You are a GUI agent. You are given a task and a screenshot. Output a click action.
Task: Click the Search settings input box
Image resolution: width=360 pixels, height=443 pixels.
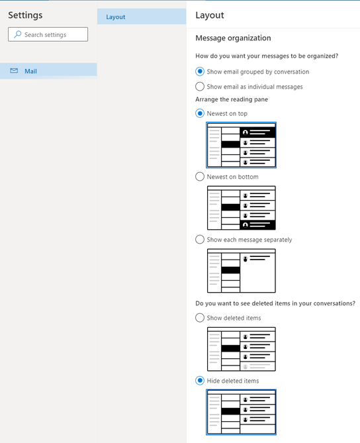click(48, 34)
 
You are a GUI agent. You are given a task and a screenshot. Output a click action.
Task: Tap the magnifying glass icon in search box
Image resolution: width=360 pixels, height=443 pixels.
click(17, 34)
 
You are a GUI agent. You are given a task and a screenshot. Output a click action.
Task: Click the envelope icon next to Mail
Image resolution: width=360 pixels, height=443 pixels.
click(14, 71)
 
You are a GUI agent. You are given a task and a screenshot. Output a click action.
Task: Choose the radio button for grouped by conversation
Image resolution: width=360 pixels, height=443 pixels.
click(200, 72)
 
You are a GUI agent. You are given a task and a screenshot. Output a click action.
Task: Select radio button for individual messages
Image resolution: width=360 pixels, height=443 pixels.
click(200, 87)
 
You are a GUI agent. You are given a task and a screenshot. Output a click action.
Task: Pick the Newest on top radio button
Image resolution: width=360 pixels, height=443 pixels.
click(200, 113)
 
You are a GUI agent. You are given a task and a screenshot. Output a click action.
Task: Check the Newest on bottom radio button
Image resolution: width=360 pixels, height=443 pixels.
click(200, 177)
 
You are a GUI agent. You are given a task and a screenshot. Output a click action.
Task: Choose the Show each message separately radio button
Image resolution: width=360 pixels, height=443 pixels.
click(200, 239)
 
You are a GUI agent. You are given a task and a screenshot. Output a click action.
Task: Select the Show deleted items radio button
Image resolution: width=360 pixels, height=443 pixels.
click(200, 318)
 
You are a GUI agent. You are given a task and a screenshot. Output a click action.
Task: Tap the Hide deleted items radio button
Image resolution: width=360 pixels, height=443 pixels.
click(200, 381)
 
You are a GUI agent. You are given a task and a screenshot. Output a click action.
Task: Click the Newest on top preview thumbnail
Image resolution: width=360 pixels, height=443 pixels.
click(241, 145)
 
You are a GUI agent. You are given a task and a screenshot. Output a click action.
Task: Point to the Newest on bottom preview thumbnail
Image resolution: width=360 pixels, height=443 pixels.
click(242, 208)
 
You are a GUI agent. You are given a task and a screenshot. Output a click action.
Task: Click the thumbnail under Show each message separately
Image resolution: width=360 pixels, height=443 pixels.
click(242, 271)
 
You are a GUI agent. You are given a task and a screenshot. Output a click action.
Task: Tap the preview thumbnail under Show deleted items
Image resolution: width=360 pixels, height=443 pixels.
click(242, 349)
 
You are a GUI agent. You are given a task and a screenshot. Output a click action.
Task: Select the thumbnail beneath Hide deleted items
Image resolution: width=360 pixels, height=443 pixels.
click(241, 412)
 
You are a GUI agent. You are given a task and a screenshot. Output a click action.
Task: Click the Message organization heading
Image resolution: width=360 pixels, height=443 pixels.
click(233, 38)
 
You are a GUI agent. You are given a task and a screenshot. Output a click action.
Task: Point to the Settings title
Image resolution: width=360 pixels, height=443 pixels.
click(25, 15)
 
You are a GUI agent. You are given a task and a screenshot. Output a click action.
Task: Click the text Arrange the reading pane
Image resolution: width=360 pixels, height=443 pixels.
click(232, 99)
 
